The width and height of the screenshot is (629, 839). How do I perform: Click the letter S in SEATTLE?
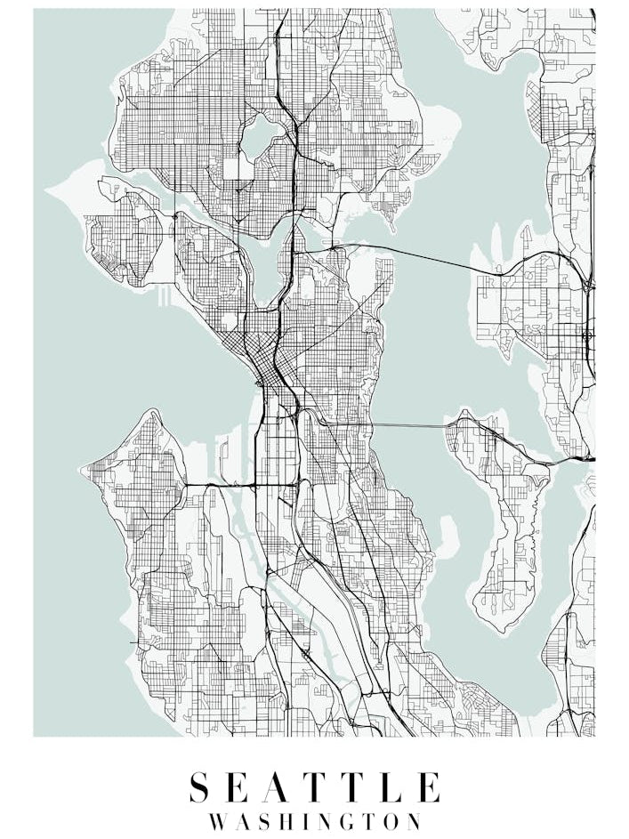click(200, 788)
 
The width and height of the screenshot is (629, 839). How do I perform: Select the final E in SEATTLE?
click(428, 788)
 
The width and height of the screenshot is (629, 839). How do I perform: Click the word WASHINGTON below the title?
click(315, 820)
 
